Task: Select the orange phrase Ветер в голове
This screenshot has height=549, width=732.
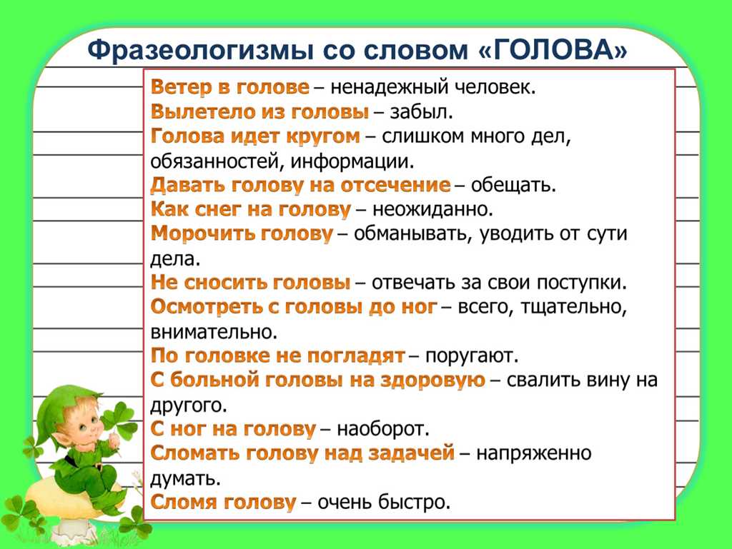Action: coord(230,87)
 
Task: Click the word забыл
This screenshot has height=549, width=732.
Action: coord(421,112)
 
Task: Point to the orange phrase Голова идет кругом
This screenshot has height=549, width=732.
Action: coord(255,136)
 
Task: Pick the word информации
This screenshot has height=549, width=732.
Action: coord(352,161)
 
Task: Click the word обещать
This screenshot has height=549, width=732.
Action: coord(513,186)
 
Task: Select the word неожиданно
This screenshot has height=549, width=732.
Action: coord(432,210)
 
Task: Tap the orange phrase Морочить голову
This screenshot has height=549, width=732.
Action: coord(242,234)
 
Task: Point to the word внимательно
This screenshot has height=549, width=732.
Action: coord(214,332)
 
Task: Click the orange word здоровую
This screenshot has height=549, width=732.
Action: coord(432,381)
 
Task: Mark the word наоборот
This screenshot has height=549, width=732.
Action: coord(383,429)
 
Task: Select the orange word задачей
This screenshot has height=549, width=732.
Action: coord(411,453)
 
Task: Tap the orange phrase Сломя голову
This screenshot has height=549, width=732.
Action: coord(223,503)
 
